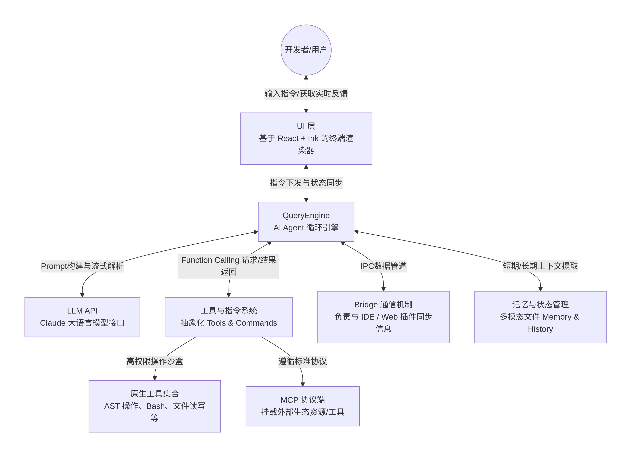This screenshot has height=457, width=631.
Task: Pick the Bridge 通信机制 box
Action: click(383, 317)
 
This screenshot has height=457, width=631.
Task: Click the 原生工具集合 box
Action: click(154, 406)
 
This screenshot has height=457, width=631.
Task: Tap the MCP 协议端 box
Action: click(303, 406)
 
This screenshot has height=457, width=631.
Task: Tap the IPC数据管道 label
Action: click(383, 266)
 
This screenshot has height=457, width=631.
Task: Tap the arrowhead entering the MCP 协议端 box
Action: click(303, 384)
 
